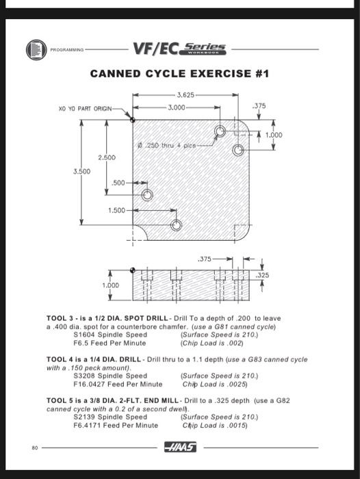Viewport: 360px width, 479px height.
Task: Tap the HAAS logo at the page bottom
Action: coord(180,448)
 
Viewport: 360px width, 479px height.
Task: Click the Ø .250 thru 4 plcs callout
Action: coord(162,145)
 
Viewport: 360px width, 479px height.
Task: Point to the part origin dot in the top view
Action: coord(132,119)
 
